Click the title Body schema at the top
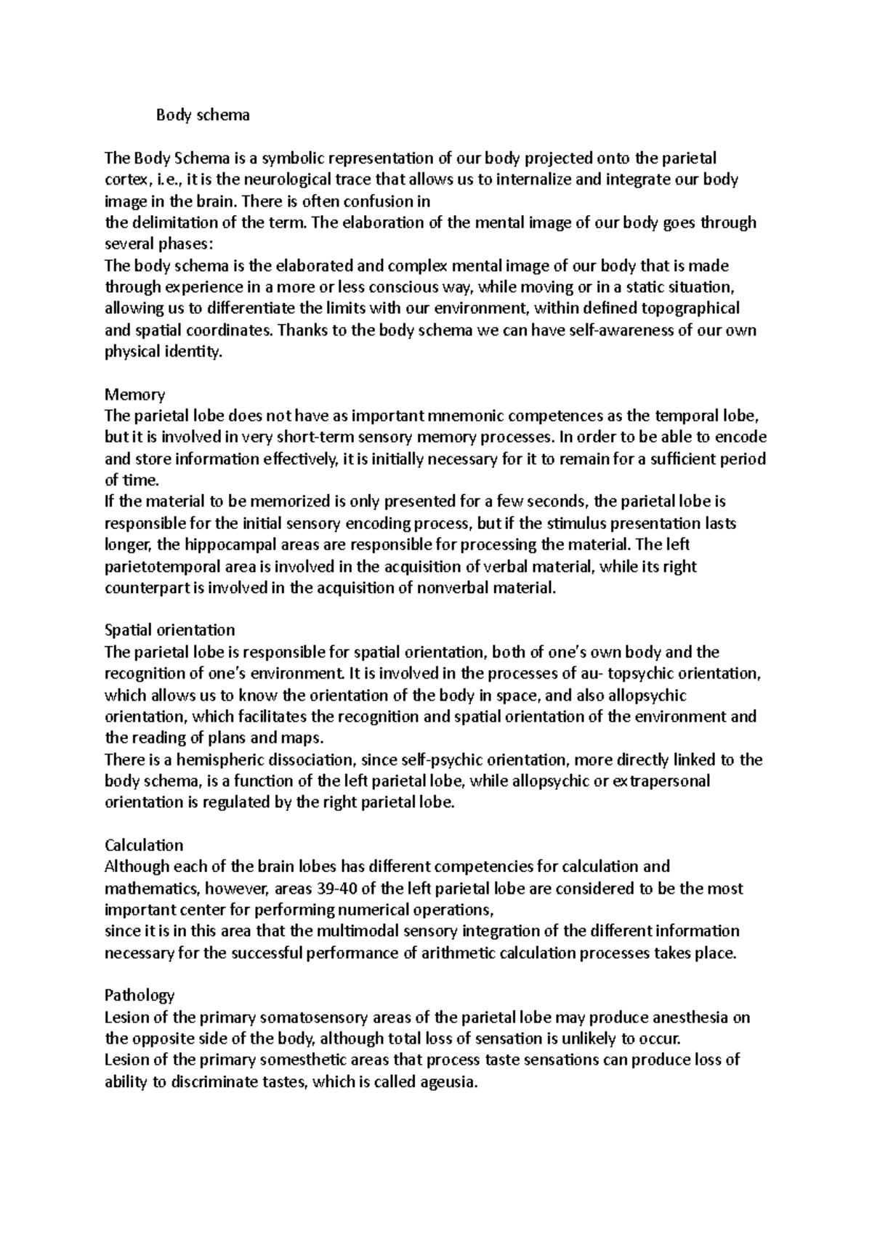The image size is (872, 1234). click(203, 115)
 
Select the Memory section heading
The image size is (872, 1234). click(135, 395)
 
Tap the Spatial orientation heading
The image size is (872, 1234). click(170, 629)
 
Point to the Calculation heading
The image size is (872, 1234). click(144, 845)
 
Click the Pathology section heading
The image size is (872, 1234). click(140, 995)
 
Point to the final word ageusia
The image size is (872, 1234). click(449, 1082)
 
